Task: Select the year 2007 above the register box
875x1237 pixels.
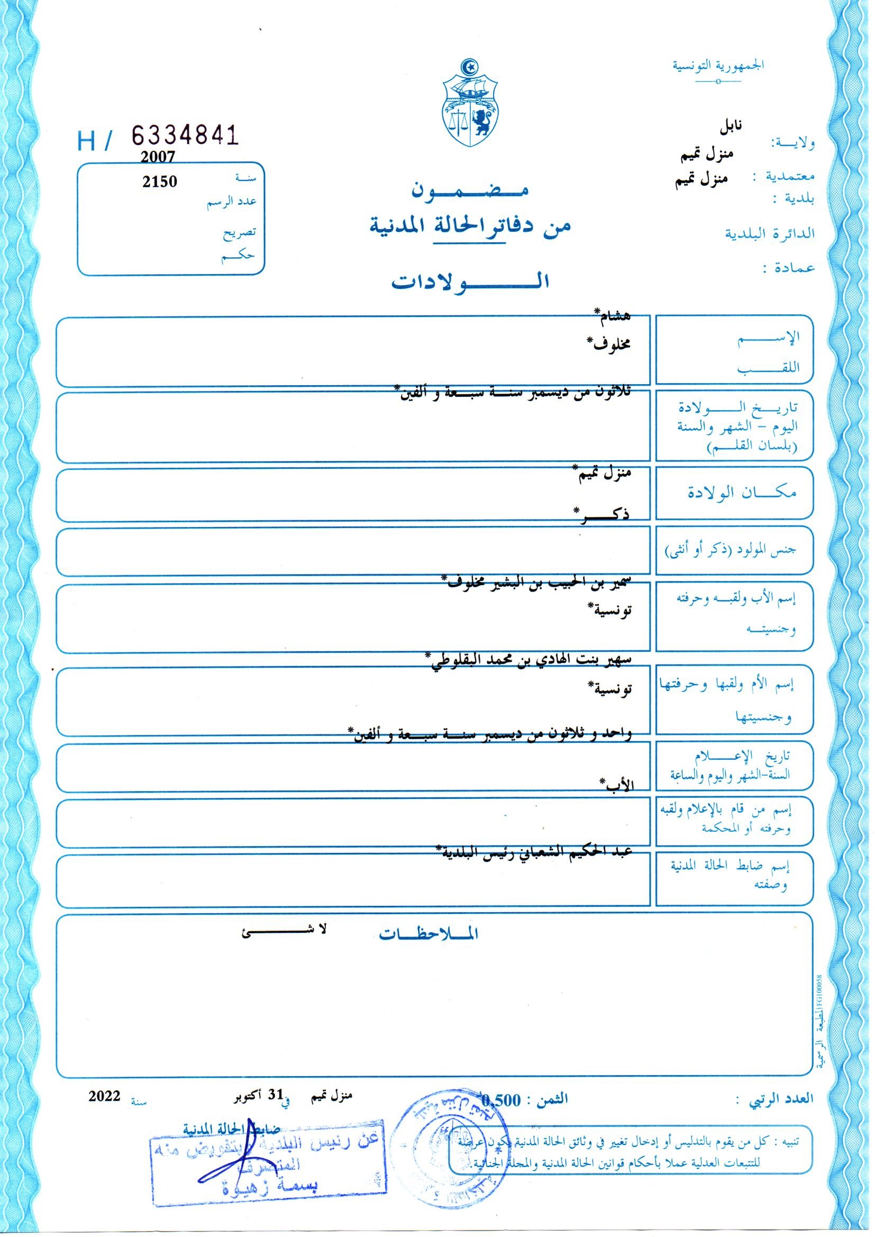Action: (x=158, y=157)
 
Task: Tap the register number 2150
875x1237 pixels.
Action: (x=159, y=181)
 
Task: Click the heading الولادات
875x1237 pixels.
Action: (x=470, y=282)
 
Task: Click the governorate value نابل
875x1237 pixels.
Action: (x=731, y=127)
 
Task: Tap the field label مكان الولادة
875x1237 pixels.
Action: (x=743, y=493)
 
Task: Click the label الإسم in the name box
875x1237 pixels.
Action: (x=781, y=338)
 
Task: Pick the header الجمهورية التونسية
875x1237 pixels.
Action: (x=718, y=66)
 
